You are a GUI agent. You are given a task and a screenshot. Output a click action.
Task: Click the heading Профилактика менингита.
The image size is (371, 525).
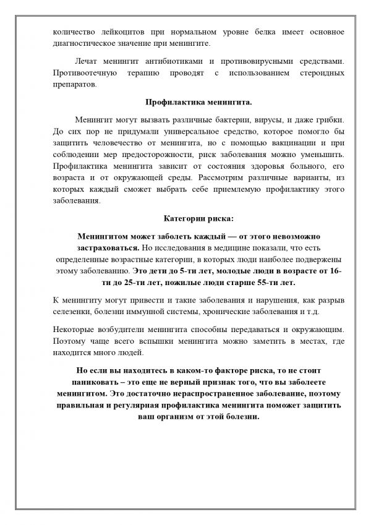click(x=186, y=101)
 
